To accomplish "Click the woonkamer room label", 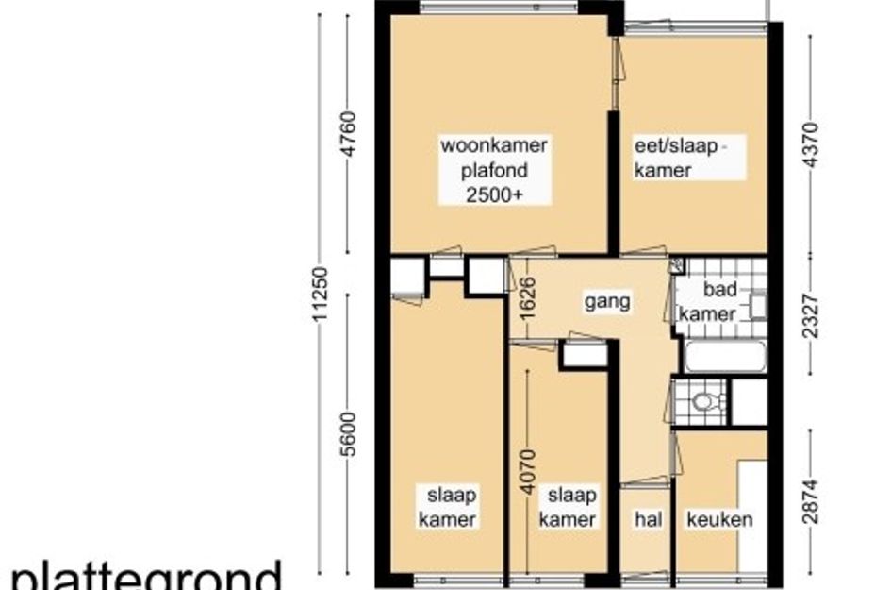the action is (x=494, y=145).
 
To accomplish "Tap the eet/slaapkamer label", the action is (x=679, y=158).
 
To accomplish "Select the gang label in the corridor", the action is (x=607, y=301).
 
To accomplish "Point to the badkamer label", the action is (x=708, y=301).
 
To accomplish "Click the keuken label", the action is (x=719, y=519).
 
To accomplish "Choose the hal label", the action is (x=649, y=519).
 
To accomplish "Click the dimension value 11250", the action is (x=321, y=294).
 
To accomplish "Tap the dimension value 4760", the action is (x=348, y=134).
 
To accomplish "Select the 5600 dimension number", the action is (x=348, y=434).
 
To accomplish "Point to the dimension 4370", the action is (x=811, y=144).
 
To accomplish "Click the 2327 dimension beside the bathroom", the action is (x=811, y=315).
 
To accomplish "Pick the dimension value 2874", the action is (x=811, y=501).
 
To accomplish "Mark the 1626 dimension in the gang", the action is (x=527, y=298).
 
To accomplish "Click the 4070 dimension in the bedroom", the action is (x=527, y=472).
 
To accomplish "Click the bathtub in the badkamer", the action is (x=725, y=356).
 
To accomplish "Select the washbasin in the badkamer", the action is (x=757, y=306).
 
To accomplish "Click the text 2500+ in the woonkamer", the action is (x=494, y=194).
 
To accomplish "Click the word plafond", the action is (x=494, y=170).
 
